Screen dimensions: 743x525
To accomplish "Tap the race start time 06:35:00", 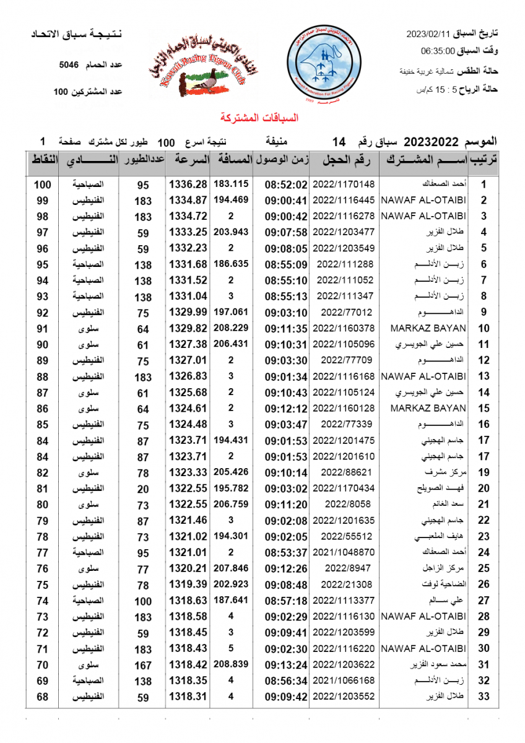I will [438, 51].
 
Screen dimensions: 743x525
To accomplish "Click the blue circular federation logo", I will [326, 64].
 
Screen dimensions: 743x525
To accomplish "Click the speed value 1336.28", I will [188, 185].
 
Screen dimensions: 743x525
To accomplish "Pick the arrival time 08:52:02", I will [286, 185].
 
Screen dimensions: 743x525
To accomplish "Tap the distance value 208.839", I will [231, 664].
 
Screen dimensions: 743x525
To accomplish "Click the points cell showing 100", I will [42, 185].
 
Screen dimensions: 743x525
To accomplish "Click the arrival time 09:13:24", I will [286, 665].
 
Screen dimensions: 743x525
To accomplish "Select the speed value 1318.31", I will [188, 697].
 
